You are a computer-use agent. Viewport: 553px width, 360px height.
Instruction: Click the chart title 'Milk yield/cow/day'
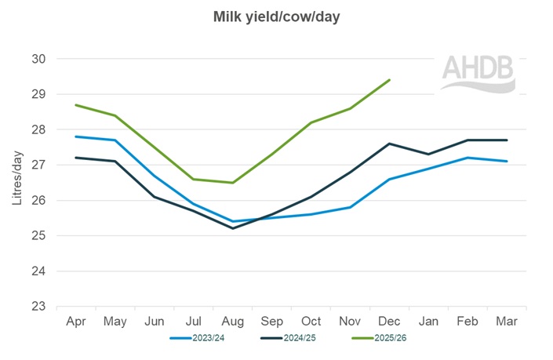[276, 16]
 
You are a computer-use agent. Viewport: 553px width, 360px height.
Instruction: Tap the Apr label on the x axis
[75, 322]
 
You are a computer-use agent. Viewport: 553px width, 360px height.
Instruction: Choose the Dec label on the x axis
[390, 322]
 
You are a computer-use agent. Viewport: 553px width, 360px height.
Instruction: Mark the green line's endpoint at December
[390, 80]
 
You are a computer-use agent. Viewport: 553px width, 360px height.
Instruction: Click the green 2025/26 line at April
[75, 105]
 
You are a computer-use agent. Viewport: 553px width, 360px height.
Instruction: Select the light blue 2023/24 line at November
[351, 207]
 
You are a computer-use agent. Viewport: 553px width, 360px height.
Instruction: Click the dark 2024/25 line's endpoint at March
[508, 140]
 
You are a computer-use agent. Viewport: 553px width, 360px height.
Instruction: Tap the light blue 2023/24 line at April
[75, 136]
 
